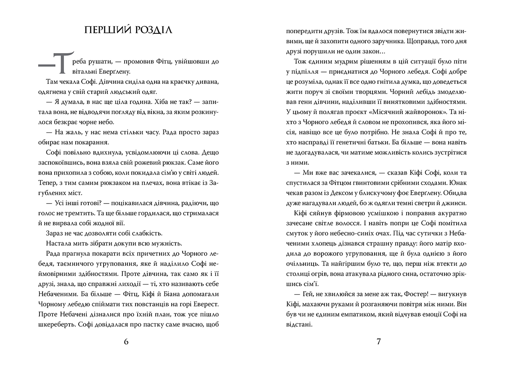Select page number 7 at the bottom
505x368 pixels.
378,341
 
